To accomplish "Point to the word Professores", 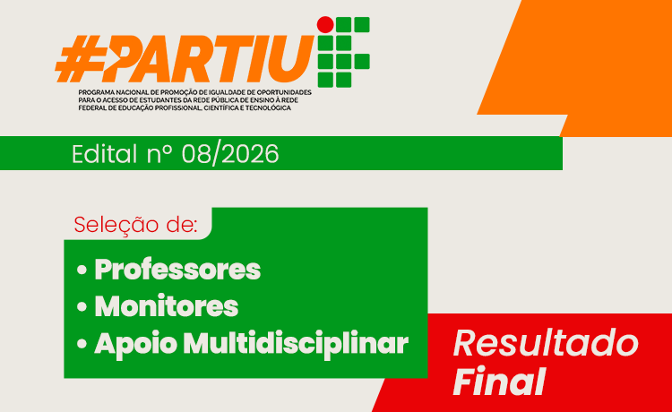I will tap(177, 269).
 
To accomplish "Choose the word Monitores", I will tap(167, 306).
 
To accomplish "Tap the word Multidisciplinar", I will tap(296, 343).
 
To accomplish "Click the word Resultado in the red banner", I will tap(546, 343).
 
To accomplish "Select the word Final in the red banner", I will tap(499, 382).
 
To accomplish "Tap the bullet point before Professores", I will tap(82, 270).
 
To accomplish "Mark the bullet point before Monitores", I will tap(82, 307).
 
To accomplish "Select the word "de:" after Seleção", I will tap(177, 224).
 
